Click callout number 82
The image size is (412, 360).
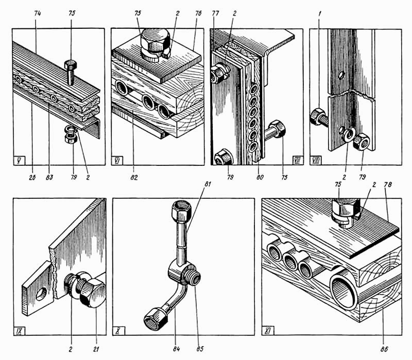coord(135,179)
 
